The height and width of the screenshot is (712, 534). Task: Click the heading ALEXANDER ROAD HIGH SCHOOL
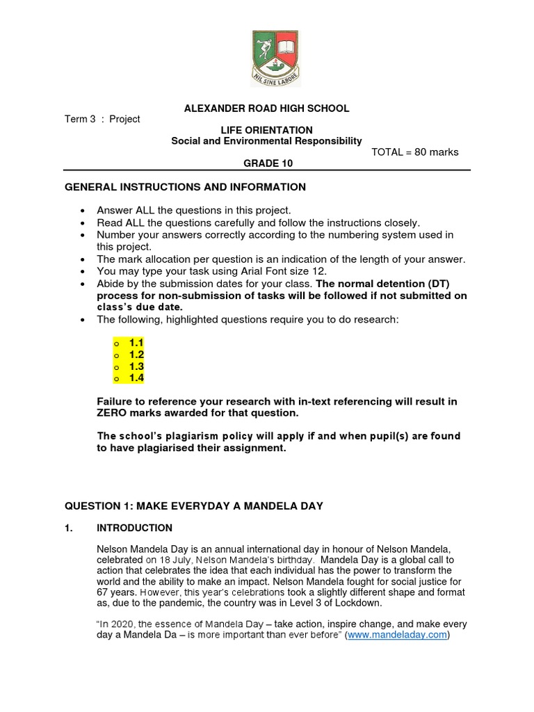(x=266, y=108)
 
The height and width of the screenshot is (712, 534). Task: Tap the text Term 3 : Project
(x=102, y=119)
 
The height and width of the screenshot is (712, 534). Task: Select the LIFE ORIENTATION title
(x=266, y=130)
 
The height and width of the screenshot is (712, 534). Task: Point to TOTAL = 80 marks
(x=415, y=152)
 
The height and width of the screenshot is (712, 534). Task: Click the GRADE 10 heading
(x=267, y=163)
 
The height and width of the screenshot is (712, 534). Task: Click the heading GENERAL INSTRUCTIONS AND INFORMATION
(x=185, y=187)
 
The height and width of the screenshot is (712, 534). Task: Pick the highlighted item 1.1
(x=136, y=343)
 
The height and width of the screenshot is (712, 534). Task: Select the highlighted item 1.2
(x=136, y=355)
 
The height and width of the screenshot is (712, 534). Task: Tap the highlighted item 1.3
(x=136, y=366)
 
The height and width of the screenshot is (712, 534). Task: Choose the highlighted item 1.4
(x=136, y=378)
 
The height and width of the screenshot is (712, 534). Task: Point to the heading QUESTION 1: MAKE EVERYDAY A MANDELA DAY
(x=194, y=506)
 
